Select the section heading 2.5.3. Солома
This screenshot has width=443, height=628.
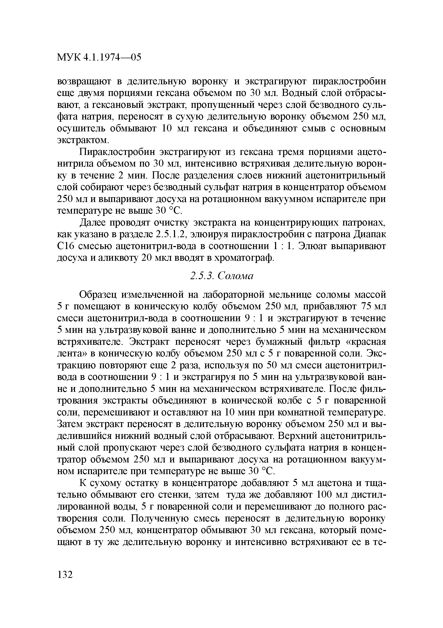(x=222, y=276)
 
